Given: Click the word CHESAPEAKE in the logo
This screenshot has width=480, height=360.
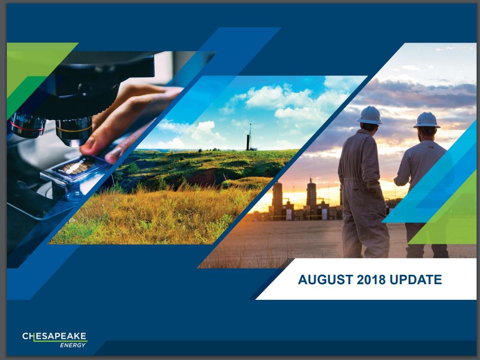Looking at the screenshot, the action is point(54,336).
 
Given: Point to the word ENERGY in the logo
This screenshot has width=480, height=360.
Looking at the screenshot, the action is point(73,345).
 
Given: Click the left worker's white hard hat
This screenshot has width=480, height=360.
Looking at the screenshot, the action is point(369,115).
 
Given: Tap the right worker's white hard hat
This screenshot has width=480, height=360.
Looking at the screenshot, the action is point(427,120).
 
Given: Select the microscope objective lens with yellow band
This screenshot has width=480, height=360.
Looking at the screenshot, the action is point(74,132).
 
